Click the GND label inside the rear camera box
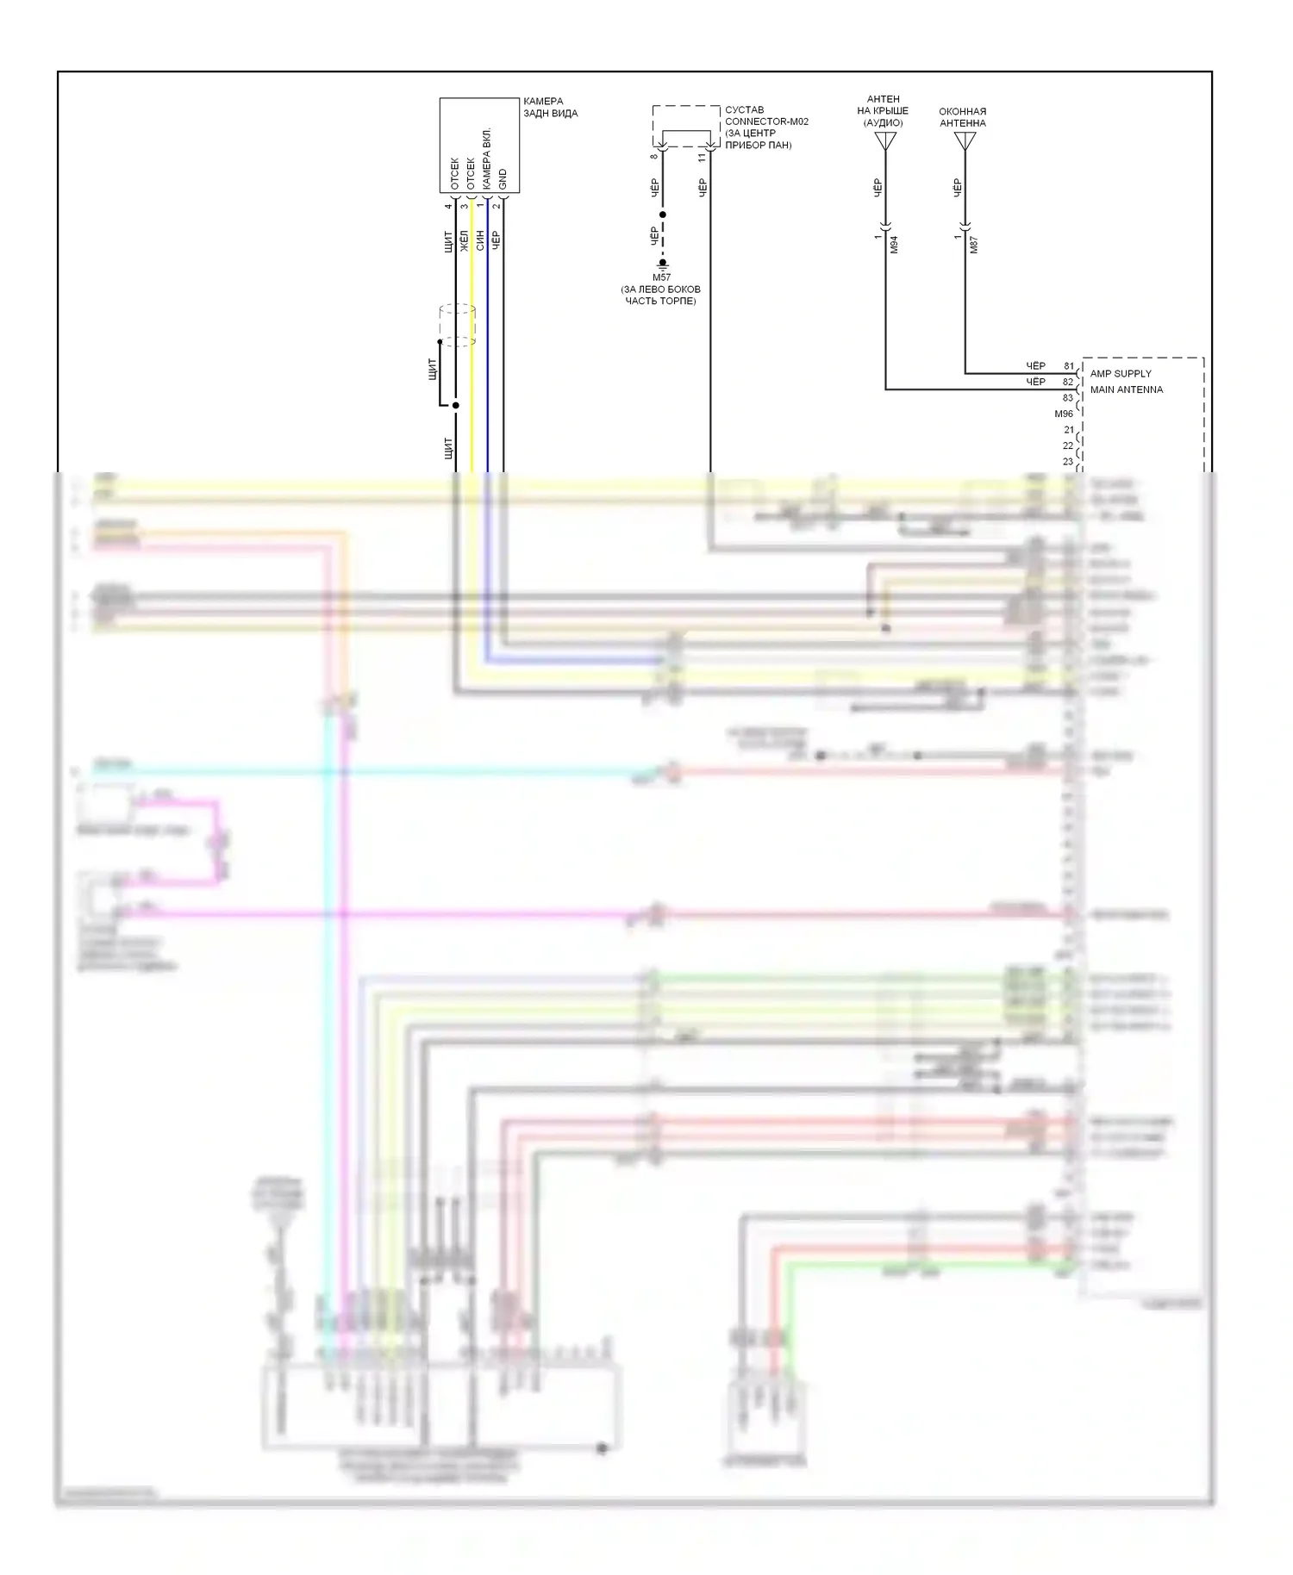click(503, 179)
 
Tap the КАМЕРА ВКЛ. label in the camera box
click(487, 159)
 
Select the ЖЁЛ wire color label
click(465, 240)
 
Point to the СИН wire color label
click(480, 240)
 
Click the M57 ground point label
click(661, 277)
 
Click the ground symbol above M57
click(662, 264)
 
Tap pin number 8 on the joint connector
click(654, 156)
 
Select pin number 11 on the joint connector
click(703, 158)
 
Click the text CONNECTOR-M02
click(766, 121)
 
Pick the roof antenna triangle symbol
click(885, 140)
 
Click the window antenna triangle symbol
click(965, 140)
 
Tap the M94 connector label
click(894, 245)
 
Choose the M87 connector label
click(974, 245)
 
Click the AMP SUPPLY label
click(1121, 374)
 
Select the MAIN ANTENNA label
click(1126, 389)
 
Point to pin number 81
click(1069, 366)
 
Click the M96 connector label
click(1064, 414)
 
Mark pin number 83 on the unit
click(1068, 398)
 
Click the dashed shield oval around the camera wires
click(457, 325)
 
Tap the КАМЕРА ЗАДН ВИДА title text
click(550, 107)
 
